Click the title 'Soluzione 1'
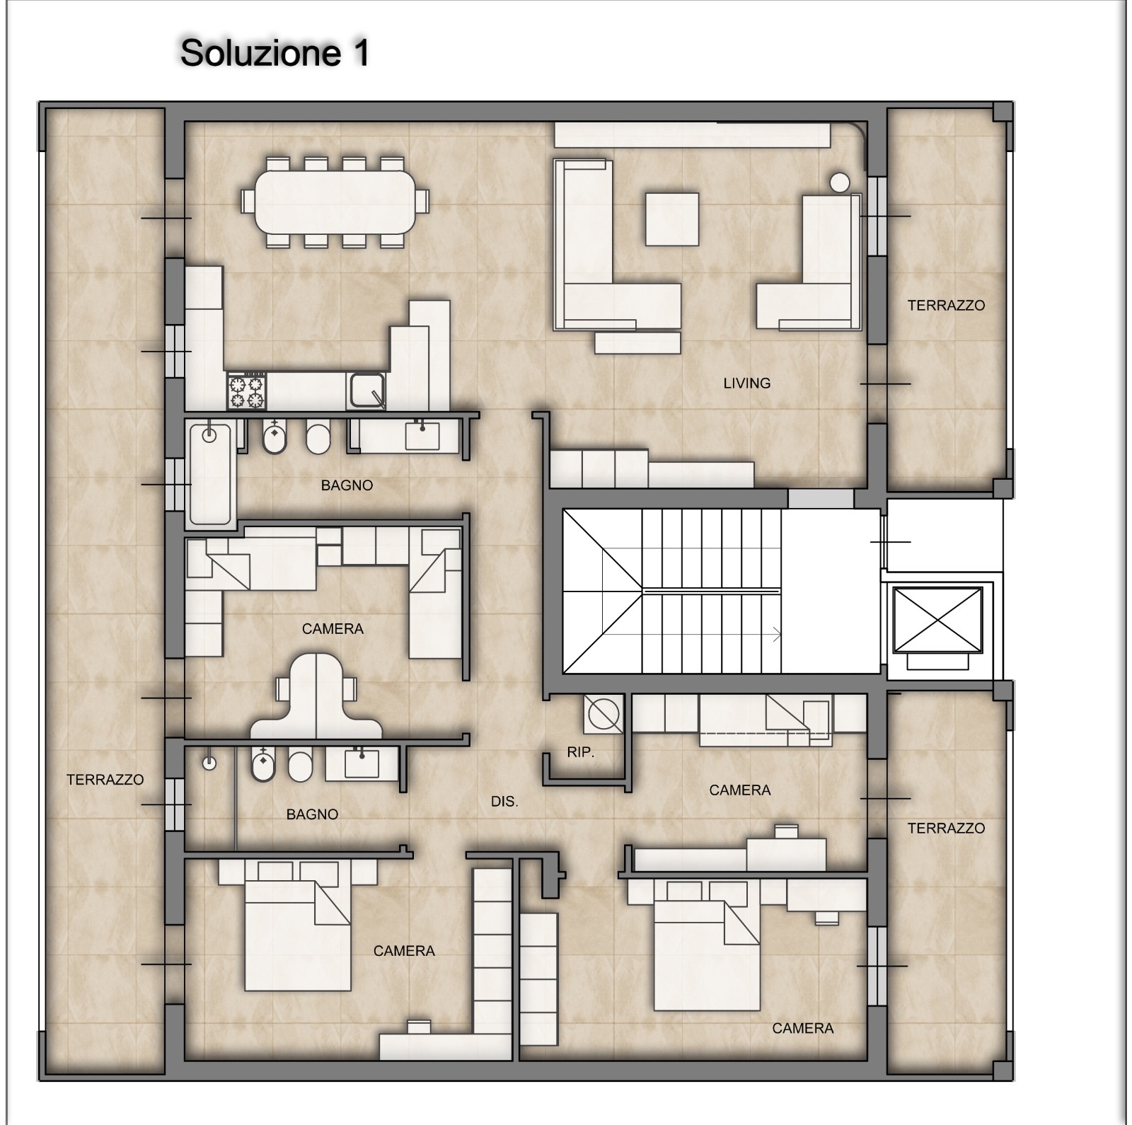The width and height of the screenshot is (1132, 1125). point(275,53)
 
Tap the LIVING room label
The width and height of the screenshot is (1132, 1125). point(746,383)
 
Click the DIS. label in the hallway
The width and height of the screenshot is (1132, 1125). point(504,802)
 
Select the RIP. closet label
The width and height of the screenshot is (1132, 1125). point(580,752)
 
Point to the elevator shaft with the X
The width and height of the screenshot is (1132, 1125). point(937,620)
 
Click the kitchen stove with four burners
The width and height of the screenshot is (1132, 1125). point(246,392)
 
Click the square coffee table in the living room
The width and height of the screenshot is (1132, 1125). point(672,219)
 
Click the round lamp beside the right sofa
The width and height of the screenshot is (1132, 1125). point(839,183)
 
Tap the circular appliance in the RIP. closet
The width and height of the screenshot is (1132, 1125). point(603,714)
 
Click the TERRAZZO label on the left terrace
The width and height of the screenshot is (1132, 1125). point(105,780)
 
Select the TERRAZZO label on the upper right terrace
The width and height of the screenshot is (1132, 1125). point(946,306)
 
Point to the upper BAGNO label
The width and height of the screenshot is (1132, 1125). point(347,485)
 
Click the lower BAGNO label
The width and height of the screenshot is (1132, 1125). point(312,814)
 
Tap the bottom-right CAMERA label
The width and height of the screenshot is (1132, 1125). point(803,1028)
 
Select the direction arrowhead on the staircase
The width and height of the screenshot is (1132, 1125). point(778,635)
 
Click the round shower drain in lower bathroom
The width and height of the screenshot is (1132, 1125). point(209,763)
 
